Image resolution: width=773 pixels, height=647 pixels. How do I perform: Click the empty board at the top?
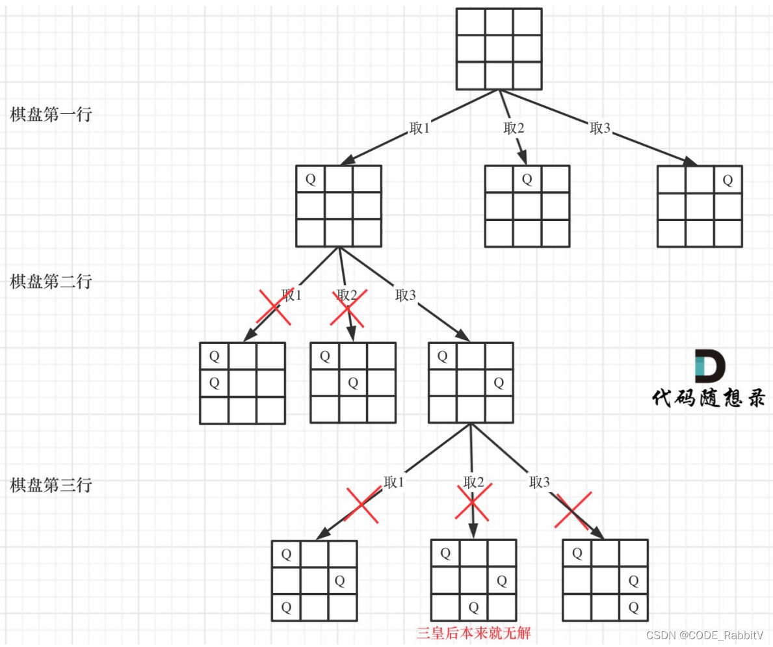pyautogui.click(x=499, y=49)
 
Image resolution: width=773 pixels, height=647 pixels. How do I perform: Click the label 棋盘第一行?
pyautogui.click(x=51, y=114)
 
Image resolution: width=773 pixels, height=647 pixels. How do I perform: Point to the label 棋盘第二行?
pyautogui.click(x=51, y=282)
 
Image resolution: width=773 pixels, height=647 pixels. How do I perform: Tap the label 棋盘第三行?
pyautogui.click(x=51, y=484)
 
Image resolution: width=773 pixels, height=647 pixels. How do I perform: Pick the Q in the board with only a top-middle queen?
pyautogui.click(x=527, y=179)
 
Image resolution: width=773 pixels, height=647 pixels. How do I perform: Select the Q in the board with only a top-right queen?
pyautogui.click(x=727, y=179)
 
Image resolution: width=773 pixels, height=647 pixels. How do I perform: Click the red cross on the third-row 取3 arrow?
pyautogui.click(x=573, y=510)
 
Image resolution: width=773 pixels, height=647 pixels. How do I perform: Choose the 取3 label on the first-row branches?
pyautogui.click(x=600, y=128)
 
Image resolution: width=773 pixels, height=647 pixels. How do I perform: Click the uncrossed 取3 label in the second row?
pyautogui.click(x=405, y=295)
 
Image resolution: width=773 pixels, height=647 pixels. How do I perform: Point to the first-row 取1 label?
pyautogui.click(x=419, y=128)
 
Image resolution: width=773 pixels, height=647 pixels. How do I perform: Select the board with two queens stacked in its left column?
pyautogui.click(x=242, y=383)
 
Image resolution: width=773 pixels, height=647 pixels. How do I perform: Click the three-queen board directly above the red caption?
pyautogui.click(x=473, y=580)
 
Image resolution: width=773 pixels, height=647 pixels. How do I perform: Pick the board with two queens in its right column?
pyautogui.click(x=605, y=580)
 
